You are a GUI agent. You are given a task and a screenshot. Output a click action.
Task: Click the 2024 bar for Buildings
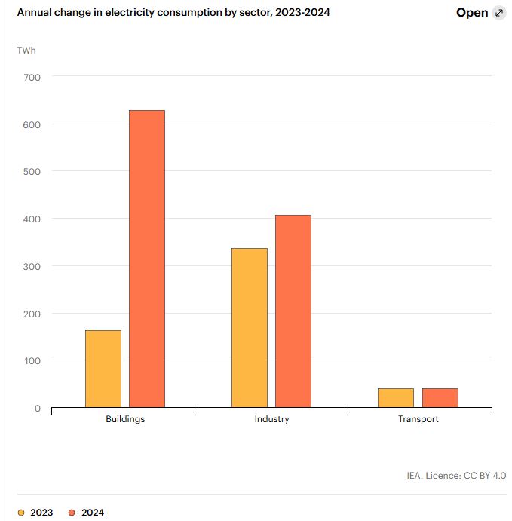[147, 259]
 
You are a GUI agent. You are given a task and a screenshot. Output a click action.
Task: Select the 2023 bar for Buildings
[103, 369]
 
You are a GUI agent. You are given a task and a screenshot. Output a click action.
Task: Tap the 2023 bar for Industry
[250, 328]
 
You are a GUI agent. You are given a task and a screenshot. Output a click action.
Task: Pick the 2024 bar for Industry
[293, 311]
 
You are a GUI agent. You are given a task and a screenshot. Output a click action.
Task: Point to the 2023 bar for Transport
[396, 398]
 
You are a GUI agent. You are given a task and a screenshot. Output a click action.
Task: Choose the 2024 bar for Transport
[440, 398]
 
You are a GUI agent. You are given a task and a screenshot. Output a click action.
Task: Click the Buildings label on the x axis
[125, 419]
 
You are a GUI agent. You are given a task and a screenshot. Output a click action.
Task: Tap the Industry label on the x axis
[271, 419]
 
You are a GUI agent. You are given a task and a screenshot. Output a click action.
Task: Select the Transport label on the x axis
[418, 419]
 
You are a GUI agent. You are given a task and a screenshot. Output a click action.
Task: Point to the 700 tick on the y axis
[33, 77]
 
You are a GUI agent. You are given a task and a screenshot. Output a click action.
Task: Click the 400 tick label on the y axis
[33, 219]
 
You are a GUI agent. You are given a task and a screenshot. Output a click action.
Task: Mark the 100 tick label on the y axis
[33, 361]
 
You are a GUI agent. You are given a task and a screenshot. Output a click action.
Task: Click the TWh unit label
[26, 51]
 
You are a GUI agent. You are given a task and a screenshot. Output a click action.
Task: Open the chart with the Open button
[472, 13]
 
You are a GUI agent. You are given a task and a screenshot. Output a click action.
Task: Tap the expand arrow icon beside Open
[498, 13]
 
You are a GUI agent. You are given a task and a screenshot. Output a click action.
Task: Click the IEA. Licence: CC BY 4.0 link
[455, 476]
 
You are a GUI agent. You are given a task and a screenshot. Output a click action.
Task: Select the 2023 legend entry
[35, 513]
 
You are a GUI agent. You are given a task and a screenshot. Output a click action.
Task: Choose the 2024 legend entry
[86, 513]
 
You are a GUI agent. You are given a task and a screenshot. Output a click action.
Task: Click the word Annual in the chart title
[36, 13]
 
